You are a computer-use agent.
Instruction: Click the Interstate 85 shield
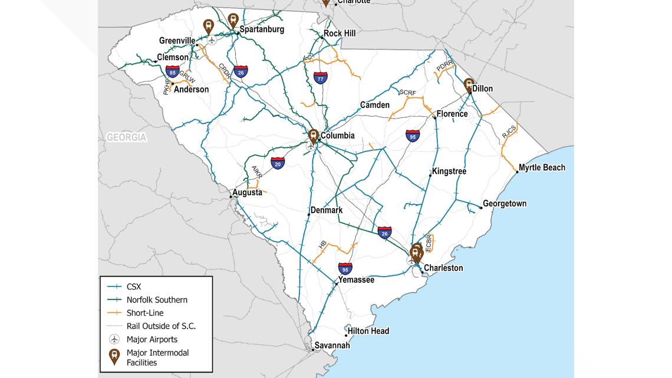click(x=172, y=72)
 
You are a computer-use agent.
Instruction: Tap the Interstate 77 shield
click(x=320, y=78)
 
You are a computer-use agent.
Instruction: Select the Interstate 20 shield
click(x=278, y=163)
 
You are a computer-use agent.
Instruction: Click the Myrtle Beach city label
click(x=542, y=167)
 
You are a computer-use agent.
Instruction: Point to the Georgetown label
click(x=505, y=203)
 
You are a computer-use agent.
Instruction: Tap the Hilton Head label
click(x=368, y=331)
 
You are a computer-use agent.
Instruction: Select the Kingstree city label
click(x=449, y=171)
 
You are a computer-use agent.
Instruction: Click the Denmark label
click(x=327, y=210)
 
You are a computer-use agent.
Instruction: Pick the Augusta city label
click(x=248, y=192)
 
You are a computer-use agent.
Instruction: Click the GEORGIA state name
click(x=126, y=137)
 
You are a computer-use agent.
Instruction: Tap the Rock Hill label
click(x=340, y=34)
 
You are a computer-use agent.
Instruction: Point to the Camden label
click(x=375, y=105)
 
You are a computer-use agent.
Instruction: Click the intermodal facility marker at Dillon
click(x=469, y=86)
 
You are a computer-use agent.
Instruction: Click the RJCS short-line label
click(x=509, y=132)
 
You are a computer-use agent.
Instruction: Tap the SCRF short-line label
click(x=407, y=93)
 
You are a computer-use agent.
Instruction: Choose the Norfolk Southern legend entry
click(x=157, y=300)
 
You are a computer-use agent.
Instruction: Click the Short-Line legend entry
click(x=145, y=313)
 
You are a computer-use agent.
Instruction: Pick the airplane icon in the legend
click(x=114, y=339)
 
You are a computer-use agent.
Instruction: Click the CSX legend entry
click(x=134, y=287)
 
